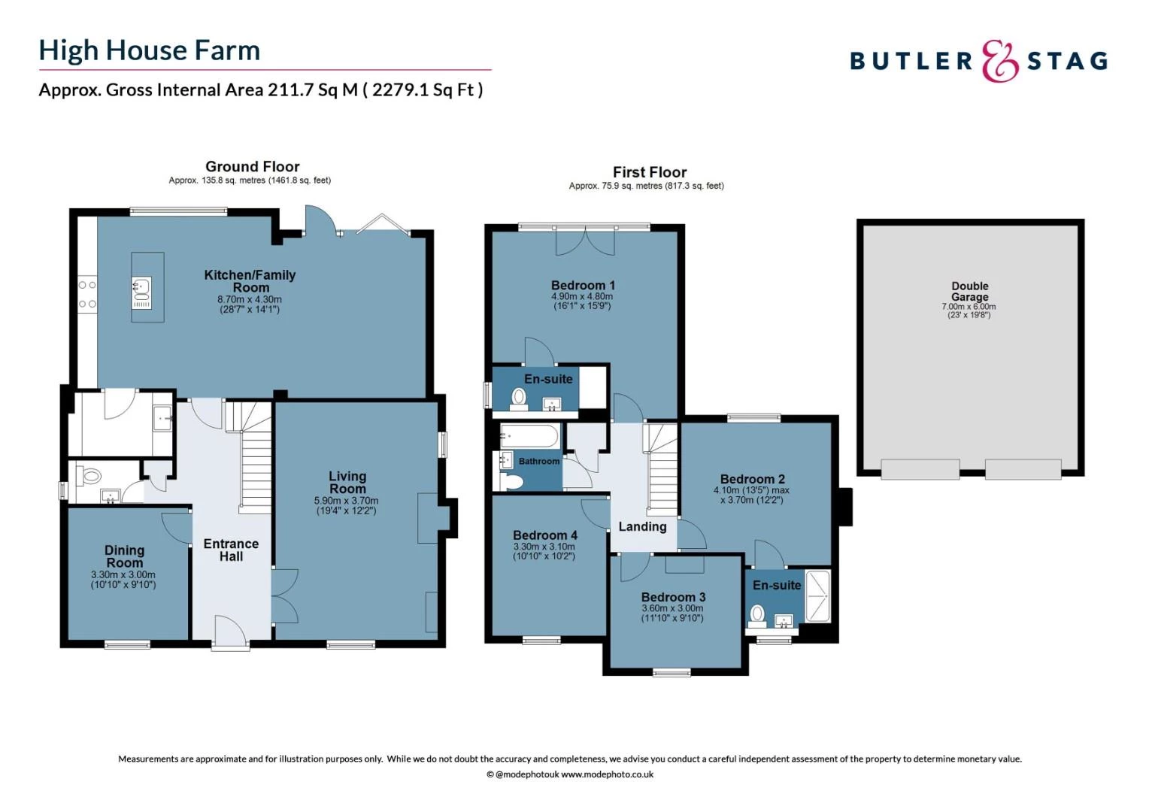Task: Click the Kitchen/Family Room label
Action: pyautogui.click(x=250, y=281)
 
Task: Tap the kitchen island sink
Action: pyautogui.click(x=141, y=286)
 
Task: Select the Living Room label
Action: pyautogui.click(x=347, y=482)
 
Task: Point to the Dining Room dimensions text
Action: pyautogui.click(x=123, y=580)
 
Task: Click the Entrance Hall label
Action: pyautogui.click(x=231, y=550)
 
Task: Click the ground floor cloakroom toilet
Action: pyautogui.click(x=92, y=476)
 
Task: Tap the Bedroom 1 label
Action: pyautogui.click(x=583, y=285)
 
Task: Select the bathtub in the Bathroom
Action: pyautogui.click(x=530, y=436)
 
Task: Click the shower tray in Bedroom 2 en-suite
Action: pyautogui.click(x=817, y=596)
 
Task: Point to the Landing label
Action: pyautogui.click(x=642, y=526)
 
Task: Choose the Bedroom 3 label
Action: pyautogui.click(x=673, y=597)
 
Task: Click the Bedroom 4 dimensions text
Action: pyautogui.click(x=544, y=551)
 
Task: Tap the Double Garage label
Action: pyautogui.click(x=969, y=291)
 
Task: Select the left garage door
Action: pyautogui.click(x=920, y=468)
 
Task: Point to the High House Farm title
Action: pyautogui.click(x=150, y=50)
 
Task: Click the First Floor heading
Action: pyautogui.click(x=649, y=172)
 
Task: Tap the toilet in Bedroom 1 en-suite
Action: pyautogui.click(x=519, y=398)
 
